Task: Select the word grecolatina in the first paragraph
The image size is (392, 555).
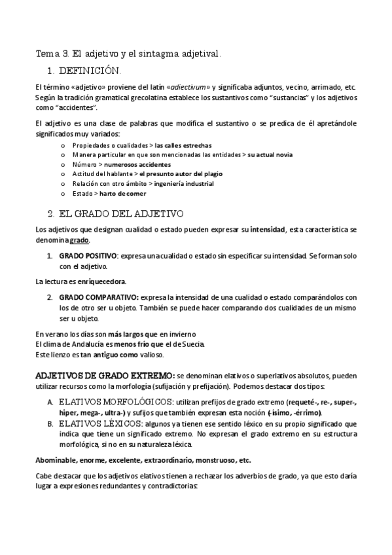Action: [131, 98]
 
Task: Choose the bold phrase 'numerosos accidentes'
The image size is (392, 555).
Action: [136, 164]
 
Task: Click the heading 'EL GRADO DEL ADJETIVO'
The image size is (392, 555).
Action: [121, 213]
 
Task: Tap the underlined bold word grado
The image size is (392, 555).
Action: [80, 240]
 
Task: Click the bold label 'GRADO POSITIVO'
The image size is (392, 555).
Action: [89, 257]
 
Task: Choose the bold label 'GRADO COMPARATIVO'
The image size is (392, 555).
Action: [99, 298]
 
